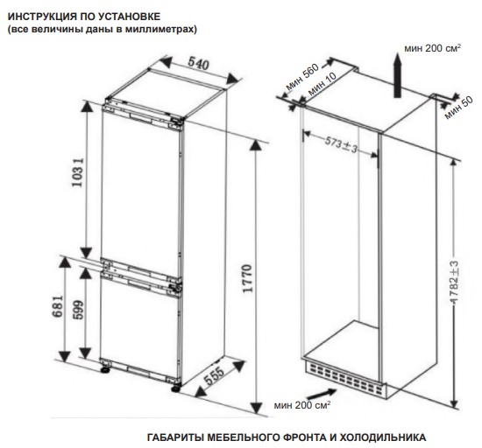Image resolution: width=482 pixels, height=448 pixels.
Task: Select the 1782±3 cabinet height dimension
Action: [455, 276]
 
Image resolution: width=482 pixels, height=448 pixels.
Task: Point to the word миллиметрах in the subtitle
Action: [164, 28]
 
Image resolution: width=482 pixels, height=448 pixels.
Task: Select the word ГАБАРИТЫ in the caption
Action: [174, 436]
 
